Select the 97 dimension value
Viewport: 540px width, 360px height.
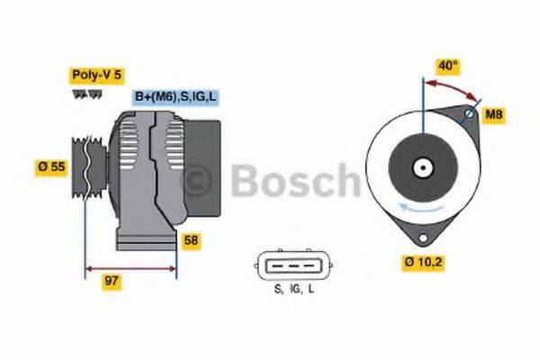[112, 281]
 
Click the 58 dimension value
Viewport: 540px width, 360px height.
[191, 240]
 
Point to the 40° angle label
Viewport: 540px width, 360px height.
[447, 65]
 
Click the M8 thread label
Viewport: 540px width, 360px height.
[494, 114]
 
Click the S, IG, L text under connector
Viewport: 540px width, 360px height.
[294, 291]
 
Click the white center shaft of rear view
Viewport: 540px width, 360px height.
[421, 167]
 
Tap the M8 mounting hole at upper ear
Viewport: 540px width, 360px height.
[469, 114]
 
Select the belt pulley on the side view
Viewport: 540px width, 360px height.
[85, 166]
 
